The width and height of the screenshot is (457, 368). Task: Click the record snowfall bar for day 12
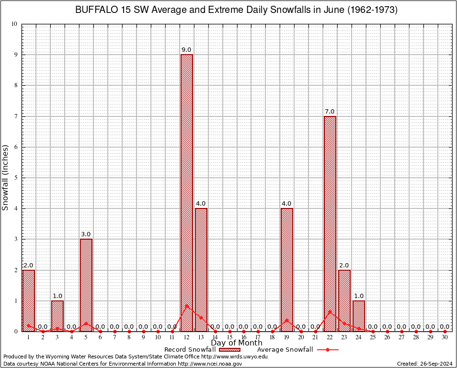186,192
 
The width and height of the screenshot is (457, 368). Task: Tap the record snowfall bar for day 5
86,285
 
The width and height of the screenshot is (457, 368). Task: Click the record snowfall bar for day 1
29,300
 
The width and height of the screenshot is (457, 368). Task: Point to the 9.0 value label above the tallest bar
186,50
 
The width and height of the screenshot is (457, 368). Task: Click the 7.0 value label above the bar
330,112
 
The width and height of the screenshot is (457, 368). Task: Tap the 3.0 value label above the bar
86,234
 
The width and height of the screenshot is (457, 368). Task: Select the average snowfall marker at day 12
186,305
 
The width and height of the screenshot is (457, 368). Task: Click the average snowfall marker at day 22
330,311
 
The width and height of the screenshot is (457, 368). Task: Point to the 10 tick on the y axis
14,24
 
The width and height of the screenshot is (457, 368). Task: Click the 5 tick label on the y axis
16,178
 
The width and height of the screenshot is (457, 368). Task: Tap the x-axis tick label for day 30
445,337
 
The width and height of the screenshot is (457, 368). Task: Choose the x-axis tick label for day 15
229,337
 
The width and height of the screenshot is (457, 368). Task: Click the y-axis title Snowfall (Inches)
6,178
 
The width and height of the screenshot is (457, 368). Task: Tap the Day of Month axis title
236,343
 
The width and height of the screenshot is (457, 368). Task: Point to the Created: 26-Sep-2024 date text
424,364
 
